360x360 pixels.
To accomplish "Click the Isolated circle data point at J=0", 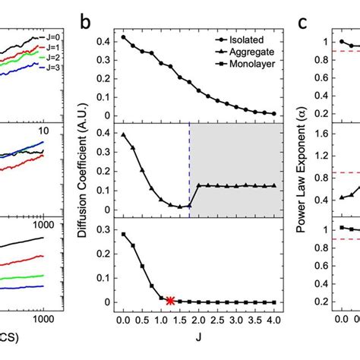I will click(x=123, y=37).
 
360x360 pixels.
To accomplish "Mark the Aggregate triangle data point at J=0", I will click(x=123, y=134).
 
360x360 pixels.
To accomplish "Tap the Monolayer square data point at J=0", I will click(x=123, y=234).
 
